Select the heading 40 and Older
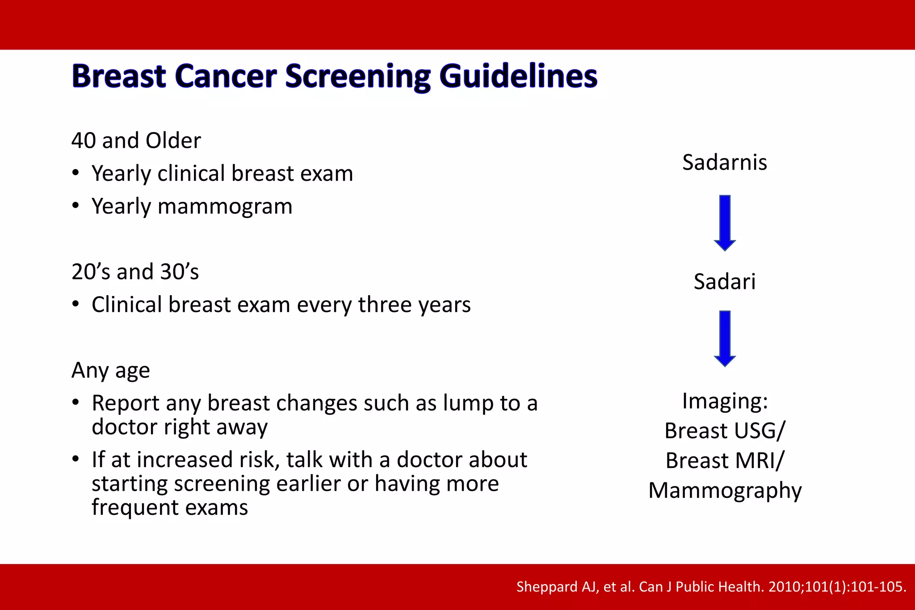coord(136,141)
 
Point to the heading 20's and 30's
coord(135,272)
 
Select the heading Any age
coord(110,371)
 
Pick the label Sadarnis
coord(724,162)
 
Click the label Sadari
coord(724,282)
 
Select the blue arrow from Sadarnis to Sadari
coord(725,222)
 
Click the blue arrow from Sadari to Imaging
coord(725,338)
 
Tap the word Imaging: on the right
coord(725,401)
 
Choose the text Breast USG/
coord(724,431)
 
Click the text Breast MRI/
coord(724,461)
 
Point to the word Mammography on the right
coord(725,491)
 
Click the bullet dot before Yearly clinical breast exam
coord(76,173)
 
